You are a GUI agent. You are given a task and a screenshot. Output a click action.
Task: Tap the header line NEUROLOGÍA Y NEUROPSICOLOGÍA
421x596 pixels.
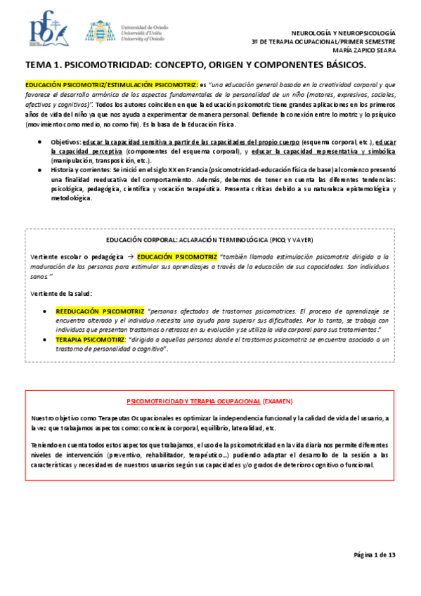pos(344,33)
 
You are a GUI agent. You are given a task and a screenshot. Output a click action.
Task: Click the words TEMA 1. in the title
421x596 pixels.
pos(44,66)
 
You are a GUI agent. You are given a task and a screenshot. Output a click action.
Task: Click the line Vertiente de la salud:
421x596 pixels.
pos(61,292)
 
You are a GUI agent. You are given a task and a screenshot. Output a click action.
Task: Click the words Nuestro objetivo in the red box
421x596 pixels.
pos(53,417)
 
